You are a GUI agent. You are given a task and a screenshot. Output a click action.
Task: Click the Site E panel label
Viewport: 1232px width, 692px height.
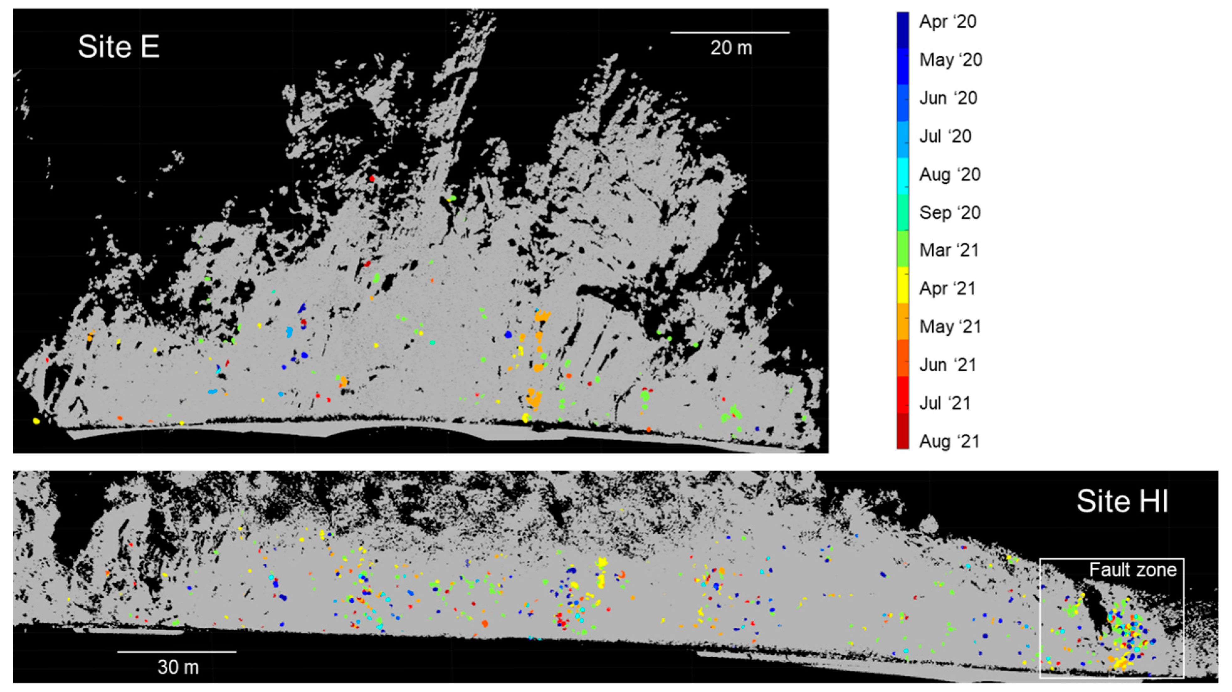click(118, 47)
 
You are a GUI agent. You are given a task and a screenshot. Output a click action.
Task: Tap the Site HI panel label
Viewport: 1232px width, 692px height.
click(1122, 502)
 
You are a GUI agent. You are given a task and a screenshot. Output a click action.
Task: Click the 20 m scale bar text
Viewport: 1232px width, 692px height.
click(731, 48)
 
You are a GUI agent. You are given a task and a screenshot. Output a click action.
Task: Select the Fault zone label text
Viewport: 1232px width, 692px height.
click(1133, 570)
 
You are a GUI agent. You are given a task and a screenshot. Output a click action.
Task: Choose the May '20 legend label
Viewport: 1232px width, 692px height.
click(950, 60)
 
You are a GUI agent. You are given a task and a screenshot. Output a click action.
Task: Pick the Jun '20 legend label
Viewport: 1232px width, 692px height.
click(948, 98)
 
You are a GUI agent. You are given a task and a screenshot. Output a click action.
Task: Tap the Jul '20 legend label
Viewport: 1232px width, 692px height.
click(945, 136)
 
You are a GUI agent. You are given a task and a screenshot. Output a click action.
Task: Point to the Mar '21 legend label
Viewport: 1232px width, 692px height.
click(949, 250)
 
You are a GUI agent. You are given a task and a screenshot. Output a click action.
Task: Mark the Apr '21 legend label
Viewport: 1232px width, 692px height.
click(947, 288)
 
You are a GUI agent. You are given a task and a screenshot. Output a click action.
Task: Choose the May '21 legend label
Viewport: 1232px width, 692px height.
click(950, 327)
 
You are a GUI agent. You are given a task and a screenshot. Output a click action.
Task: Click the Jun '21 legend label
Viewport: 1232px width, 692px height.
click(947, 365)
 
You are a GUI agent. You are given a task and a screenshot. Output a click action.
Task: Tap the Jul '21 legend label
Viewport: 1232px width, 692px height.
click(945, 403)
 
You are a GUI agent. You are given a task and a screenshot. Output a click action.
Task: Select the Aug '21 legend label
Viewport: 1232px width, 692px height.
click(949, 441)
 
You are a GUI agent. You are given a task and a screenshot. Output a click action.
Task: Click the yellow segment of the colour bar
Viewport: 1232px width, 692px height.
click(903, 286)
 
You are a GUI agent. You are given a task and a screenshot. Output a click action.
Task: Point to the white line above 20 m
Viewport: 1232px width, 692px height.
click(730, 33)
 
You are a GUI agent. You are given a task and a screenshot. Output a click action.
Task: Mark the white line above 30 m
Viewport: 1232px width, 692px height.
click(177, 651)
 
